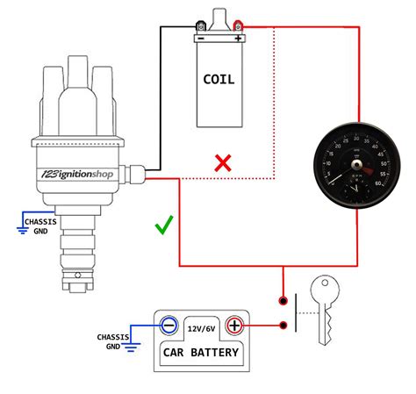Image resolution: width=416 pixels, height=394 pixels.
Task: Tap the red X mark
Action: [x=224, y=162]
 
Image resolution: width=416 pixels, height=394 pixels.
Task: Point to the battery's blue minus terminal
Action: [x=170, y=326]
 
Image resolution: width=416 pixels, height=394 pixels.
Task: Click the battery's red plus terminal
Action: [x=234, y=326]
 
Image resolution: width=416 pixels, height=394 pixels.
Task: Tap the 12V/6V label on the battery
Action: [x=202, y=326]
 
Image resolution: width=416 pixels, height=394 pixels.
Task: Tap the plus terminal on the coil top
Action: [x=238, y=38]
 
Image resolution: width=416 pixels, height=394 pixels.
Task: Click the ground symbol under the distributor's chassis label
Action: [x=23, y=230]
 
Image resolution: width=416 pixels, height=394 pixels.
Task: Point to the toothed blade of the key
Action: [x=326, y=330]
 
